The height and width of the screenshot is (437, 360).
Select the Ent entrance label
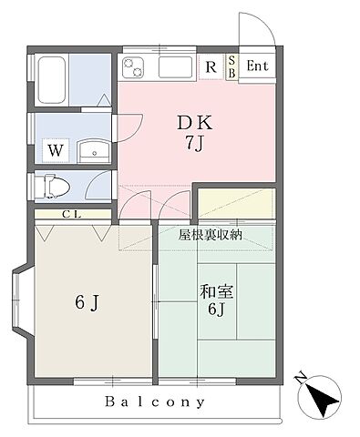(x=257, y=66)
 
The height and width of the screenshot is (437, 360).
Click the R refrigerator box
(x=211, y=66)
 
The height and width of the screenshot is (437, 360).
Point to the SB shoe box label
(x=231, y=66)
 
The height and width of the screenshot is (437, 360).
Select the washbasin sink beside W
(x=92, y=150)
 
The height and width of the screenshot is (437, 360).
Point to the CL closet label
(x=70, y=215)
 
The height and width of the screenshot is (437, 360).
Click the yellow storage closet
(x=235, y=201)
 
